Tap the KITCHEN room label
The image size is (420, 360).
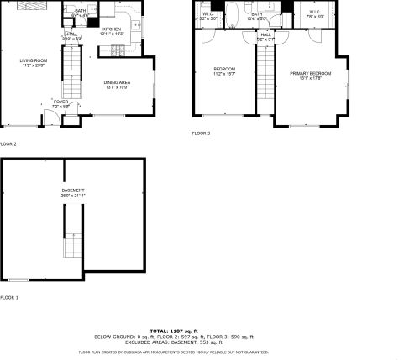tap(113, 29)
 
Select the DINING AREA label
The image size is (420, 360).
tap(117, 82)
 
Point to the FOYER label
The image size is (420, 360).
tap(60, 102)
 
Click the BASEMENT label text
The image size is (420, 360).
tap(73, 190)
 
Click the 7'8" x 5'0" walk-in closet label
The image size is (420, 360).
tap(314, 16)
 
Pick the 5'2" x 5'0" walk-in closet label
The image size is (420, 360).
tap(207, 16)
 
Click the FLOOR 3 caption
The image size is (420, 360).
tap(202, 133)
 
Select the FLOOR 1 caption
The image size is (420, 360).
tap(8, 297)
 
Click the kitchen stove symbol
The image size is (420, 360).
tap(119, 50)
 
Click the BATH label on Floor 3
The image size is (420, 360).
tap(256, 14)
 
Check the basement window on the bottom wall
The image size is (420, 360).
tap(19, 279)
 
